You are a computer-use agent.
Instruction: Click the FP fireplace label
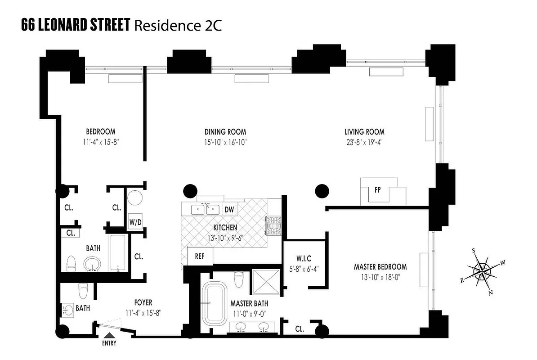click(377, 189)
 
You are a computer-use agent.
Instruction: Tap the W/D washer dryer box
click(134, 221)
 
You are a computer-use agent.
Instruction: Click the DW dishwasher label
click(229, 209)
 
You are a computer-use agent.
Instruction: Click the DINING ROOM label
click(225, 132)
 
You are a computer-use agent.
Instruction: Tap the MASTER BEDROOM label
click(380, 267)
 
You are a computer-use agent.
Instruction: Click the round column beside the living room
click(322, 191)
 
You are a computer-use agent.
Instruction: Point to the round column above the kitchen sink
click(189, 191)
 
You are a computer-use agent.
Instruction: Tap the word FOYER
click(143, 303)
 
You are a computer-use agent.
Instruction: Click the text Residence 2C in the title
click(176, 26)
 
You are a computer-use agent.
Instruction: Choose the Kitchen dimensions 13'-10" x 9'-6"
click(225, 238)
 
